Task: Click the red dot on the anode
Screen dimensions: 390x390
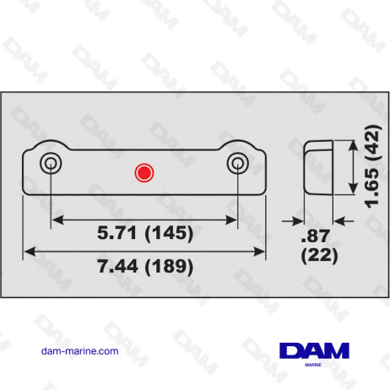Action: coord(144,173)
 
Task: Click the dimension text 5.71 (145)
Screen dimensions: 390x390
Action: coord(144,231)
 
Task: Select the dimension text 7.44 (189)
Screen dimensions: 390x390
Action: coord(144,267)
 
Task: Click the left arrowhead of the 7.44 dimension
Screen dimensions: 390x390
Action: coord(27,251)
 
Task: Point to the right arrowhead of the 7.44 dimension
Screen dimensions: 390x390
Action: coord(261,251)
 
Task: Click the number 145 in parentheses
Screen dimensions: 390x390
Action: coord(169,231)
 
